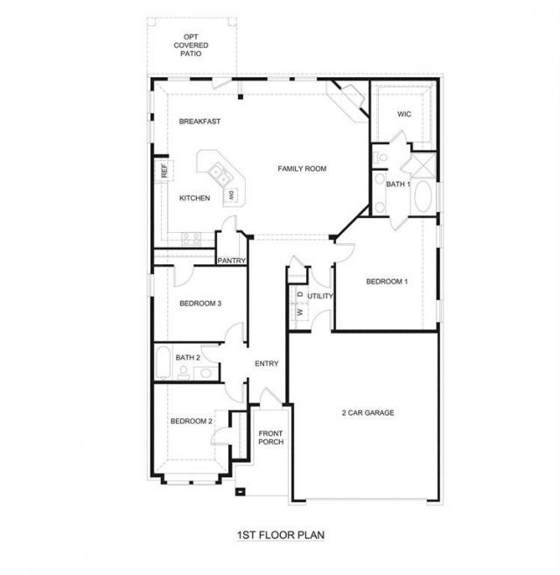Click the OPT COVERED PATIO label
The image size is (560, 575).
[191, 46]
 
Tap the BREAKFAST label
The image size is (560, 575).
[199, 122]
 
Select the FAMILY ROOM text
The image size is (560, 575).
[302, 169]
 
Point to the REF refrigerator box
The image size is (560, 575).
[164, 171]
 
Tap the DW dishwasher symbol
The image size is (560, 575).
[231, 194]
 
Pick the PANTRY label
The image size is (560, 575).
[231, 261]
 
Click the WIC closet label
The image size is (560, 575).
[404, 114]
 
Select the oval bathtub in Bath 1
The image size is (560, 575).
[423, 196]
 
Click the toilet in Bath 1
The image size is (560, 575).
[380, 158]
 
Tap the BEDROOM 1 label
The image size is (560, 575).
[387, 282]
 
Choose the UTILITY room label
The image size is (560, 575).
[320, 296]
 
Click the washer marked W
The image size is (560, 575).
[300, 312]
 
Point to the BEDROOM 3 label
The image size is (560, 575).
[200, 304]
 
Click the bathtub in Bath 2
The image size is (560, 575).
[163, 362]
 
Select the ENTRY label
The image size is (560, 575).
[267, 364]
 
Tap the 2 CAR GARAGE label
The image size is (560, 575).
[367, 413]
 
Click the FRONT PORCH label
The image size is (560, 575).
[270, 438]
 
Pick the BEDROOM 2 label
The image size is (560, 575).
[191, 421]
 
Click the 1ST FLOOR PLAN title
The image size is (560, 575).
[281, 535]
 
